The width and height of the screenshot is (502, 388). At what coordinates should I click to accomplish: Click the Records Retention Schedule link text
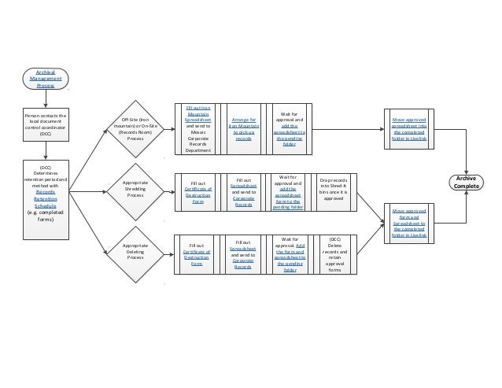[x=46, y=199]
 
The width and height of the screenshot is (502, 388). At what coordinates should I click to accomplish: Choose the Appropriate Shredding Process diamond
[x=135, y=190]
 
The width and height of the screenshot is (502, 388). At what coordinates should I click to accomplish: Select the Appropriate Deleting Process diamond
[x=135, y=253]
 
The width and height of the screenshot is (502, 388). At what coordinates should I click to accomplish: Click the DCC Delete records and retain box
[x=335, y=253]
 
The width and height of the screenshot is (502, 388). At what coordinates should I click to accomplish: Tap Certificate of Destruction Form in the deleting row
[x=196, y=257]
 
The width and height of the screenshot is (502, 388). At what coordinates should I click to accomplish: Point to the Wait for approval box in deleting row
[x=289, y=253]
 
